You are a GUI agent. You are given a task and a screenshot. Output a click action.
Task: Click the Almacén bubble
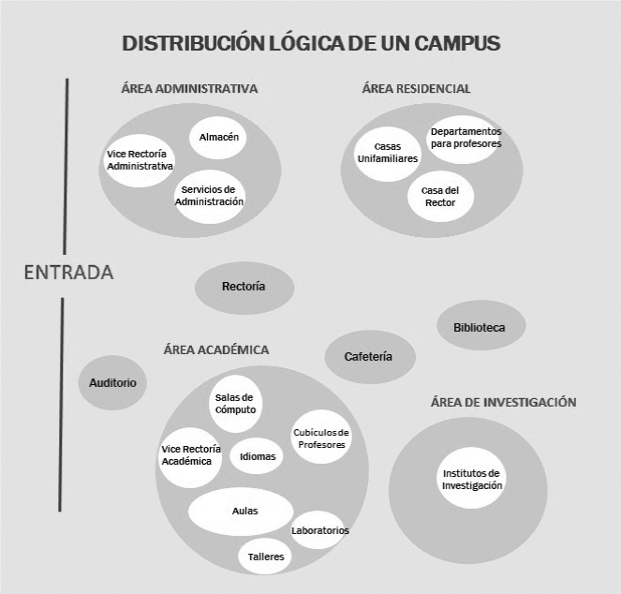(219, 138)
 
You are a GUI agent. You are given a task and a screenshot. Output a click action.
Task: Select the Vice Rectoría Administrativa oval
(140, 160)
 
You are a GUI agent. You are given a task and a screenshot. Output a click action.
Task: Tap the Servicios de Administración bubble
(211, 196)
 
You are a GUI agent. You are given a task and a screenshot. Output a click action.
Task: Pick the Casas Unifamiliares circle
(387, 153)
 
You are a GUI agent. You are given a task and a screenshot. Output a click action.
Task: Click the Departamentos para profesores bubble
(466, 139)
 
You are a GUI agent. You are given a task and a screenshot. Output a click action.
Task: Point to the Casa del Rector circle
(440, 196)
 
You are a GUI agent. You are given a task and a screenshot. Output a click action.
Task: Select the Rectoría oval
(244, 287)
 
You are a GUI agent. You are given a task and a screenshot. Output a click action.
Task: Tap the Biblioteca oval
(480, 327)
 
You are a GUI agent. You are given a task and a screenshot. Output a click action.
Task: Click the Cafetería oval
(368, 356)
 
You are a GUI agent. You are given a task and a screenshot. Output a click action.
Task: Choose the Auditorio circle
(113, 382)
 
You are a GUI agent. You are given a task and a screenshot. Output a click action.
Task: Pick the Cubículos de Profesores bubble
(321, 438)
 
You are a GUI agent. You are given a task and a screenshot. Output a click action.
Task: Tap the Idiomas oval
(257, 456)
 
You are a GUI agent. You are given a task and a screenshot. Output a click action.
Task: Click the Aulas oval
(244, 511)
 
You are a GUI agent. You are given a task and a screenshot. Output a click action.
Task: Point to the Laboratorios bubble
(320, 530)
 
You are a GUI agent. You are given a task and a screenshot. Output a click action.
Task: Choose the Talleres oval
(266, 556)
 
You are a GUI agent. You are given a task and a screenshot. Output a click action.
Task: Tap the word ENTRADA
(68, 273)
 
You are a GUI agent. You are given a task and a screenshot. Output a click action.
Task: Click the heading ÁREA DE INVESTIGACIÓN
(503, 402)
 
